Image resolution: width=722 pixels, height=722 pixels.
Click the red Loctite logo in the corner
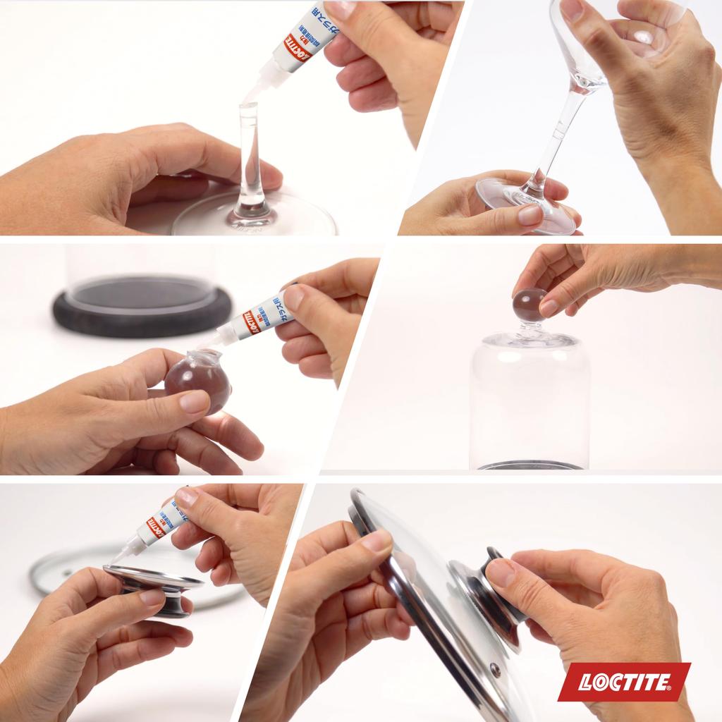pos(624,682)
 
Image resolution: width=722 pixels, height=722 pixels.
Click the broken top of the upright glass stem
pos(248,107)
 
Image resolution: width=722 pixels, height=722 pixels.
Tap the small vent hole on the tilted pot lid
pos(494,668)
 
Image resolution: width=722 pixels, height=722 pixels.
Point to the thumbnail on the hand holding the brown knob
pos(194,402)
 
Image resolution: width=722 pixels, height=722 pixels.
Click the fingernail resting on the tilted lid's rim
pos(377,541)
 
